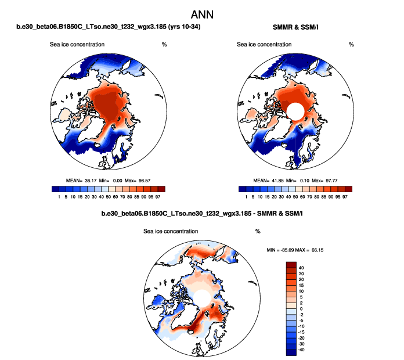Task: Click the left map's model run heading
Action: tap(109, 28)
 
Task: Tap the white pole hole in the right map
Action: tap(295, 110)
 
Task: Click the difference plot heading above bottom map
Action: tap(202, 214)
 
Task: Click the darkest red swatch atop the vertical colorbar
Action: tap(291, 264)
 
